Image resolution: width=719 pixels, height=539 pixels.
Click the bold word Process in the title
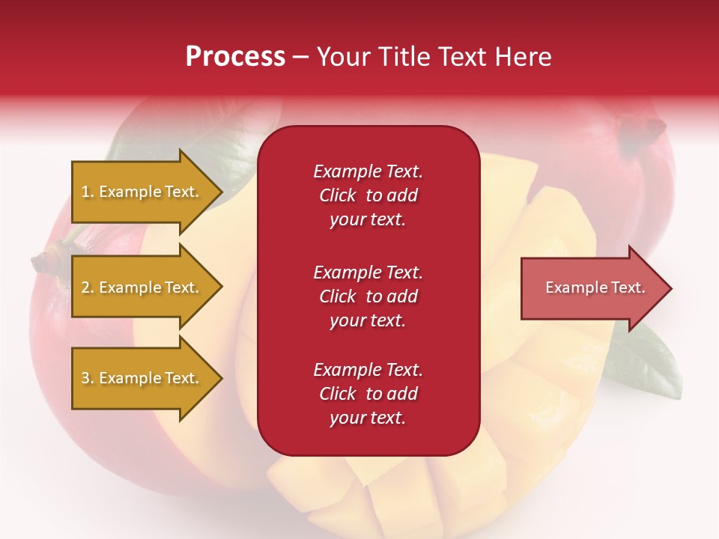click(235, 57)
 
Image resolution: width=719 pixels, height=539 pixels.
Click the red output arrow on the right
click(592, 288)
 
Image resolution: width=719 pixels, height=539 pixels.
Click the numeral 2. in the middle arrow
click(88, 287)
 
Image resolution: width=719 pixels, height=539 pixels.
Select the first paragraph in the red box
click(368, 195)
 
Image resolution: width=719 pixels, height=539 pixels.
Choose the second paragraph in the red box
click(368, 296)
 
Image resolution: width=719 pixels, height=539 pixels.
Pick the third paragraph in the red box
click(368, 394)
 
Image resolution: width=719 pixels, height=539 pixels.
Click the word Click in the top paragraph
click(338, 195)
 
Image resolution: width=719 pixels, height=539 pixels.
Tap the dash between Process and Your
click(300, 58)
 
